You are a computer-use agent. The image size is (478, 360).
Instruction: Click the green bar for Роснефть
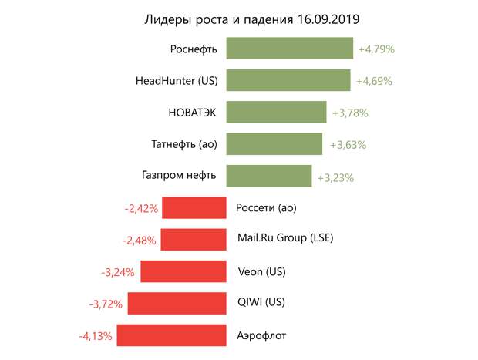[290, 49]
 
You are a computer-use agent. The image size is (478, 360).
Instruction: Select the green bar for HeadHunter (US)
[288, 80]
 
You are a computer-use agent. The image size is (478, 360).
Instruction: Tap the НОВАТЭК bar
[276, 113]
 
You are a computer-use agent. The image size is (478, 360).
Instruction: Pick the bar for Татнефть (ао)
[274, 144]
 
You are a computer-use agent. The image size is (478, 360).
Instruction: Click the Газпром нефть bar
[268, 176]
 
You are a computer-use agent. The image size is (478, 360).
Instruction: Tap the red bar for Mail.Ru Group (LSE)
[194, 240]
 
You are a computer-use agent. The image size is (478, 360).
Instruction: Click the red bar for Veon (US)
[183, 271]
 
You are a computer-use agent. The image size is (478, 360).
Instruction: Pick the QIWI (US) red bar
[177, 303]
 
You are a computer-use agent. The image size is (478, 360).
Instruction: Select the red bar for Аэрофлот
[171, 335]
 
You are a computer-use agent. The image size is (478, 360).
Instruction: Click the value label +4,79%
[376, 49]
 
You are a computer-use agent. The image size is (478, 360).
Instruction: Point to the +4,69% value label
[373, 81]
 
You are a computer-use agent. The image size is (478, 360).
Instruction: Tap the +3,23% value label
[335, 177]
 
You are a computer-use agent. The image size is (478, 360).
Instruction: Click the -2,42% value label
[141, 209]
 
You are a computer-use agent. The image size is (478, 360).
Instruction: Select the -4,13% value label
[96, 336]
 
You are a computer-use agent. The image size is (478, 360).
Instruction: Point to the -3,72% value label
[106, 304]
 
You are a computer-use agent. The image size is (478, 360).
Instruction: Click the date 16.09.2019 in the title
[328, 18]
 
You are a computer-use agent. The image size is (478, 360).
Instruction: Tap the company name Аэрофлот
[264, 336]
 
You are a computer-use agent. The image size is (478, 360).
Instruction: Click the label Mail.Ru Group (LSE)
[284, 239]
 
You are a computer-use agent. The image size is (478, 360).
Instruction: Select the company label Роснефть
[194, 49]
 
